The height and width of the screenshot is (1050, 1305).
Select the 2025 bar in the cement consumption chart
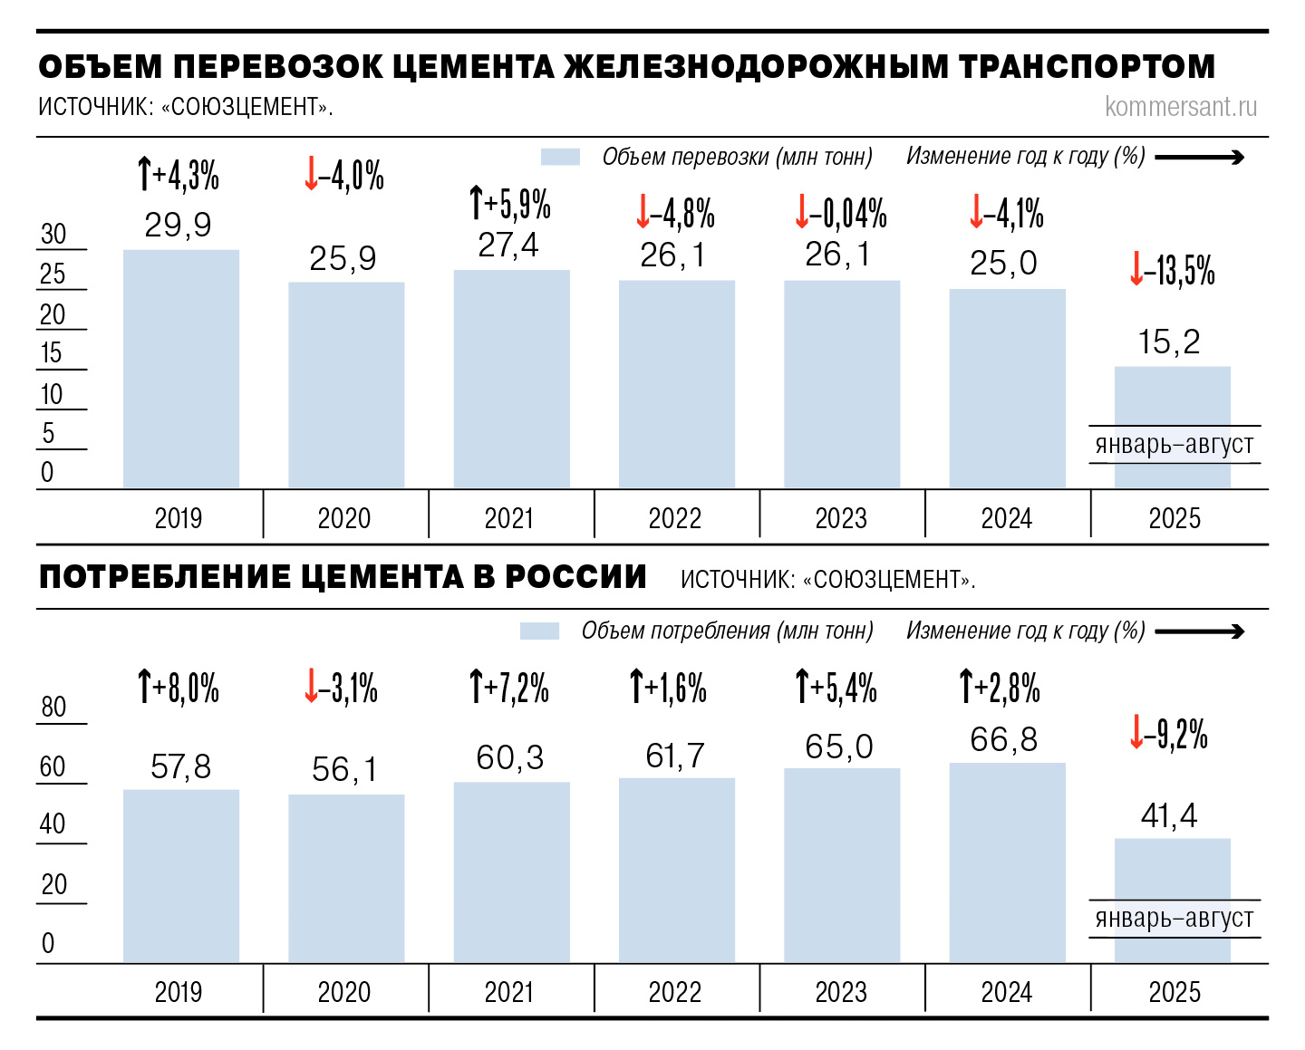click(x=1173, y=870)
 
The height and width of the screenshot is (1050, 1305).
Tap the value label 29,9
click(x=178, y=225)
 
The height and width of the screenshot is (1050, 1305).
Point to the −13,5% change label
click(x=1173, y=270)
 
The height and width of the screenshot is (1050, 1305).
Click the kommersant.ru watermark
click(x=1181, y=107)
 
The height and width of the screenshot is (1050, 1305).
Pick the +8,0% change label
click(x=179, y=688)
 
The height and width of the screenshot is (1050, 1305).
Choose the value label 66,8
click(x=1003, y=740)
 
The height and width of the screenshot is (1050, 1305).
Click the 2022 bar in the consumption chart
click(x=677, y=870)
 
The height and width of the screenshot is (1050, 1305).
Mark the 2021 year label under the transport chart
click(x=509, y=518)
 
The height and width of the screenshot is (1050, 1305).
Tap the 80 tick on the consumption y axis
click(x=54, y=707)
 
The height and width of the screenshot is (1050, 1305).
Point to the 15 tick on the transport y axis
click(x=52, y=353)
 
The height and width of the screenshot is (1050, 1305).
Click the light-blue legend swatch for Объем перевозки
click(x=560, y=157)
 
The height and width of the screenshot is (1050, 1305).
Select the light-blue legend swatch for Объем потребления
click(x=539, y=631)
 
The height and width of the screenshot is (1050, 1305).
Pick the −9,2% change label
click(x=1169, y=733)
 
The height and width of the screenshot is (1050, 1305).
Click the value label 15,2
click(x=1169, y=342)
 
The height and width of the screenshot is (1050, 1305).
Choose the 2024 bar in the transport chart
click(x=1007, y=390)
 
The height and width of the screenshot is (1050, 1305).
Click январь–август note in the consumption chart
click(x=1174, y=918)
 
